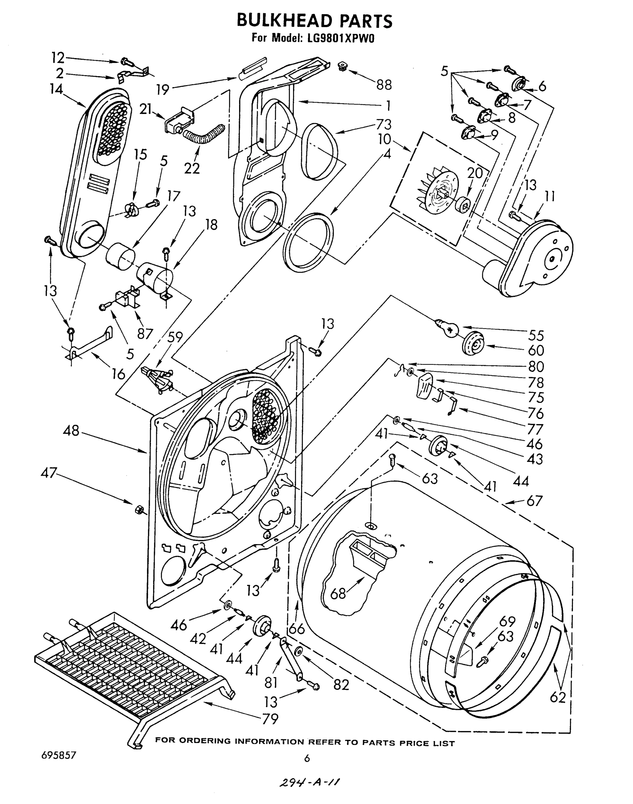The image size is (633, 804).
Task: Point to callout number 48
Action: pos(71,431)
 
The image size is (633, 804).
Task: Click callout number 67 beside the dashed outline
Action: pos(534,501)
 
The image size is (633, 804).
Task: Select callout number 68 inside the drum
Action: pos(338,593)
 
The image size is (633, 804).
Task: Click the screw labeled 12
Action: pos(124,62)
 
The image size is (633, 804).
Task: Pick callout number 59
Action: pos(175,337)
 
